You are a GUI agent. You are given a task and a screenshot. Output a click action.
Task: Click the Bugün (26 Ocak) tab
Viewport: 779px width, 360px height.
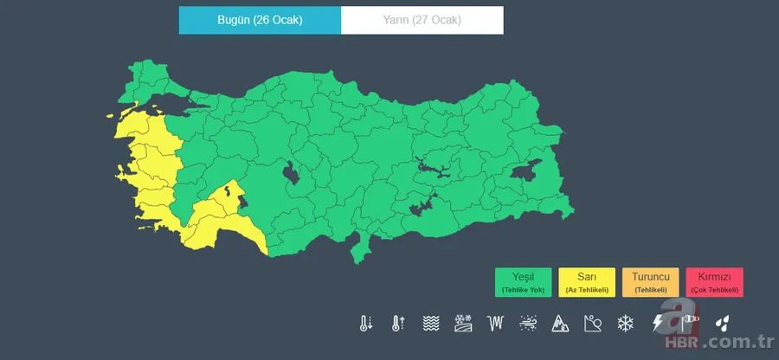260,20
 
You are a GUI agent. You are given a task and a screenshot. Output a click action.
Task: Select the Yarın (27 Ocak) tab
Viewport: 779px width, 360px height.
422,20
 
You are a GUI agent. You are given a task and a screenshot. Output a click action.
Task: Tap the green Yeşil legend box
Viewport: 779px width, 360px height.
524,282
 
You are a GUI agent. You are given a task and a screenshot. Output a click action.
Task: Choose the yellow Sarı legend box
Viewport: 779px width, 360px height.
586,282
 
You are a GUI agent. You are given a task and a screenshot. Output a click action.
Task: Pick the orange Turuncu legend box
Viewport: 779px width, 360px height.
650,282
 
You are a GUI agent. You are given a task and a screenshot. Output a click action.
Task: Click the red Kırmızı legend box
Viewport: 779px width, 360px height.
714,282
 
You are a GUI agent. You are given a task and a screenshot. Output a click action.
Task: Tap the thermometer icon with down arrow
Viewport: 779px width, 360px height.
366,324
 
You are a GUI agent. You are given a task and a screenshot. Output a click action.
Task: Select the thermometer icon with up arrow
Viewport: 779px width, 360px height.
398,324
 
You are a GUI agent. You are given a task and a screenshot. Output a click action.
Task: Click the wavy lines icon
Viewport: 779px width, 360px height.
430,324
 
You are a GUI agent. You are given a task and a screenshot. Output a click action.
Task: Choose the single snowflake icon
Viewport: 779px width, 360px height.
624,324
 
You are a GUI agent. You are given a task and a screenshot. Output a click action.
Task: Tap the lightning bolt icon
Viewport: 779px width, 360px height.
658,324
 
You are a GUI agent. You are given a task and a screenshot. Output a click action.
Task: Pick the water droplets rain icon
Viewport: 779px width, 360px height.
722,324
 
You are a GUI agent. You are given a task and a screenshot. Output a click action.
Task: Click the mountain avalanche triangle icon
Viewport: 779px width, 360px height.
560,324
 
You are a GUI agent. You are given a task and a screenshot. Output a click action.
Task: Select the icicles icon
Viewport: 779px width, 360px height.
495,324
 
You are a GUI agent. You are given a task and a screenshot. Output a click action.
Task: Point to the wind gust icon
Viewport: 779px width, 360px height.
527,324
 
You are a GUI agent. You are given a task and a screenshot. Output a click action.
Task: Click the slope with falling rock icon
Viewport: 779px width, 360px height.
593,324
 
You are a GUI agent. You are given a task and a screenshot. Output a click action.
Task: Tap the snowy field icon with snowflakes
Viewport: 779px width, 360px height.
463,324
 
